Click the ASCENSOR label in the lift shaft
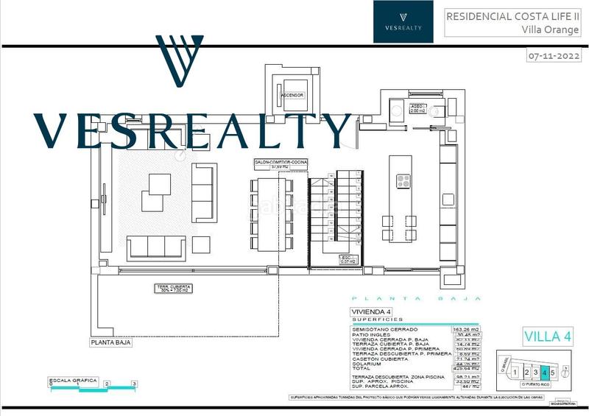click(292, 95)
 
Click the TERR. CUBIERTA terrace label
click(174, 287)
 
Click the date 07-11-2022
click(554, 55)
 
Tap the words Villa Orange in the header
click(549, 30)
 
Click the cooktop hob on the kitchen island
click(404, 180)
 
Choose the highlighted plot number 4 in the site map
click(544, 373)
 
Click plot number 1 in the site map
click(516, 373)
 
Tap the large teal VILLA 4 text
click(547, 336)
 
